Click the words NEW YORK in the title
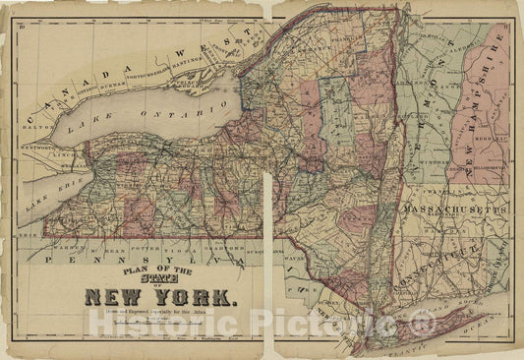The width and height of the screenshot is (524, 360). click(x=161, y=296)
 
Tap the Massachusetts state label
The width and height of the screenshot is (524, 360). click(x=466, y=212)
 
